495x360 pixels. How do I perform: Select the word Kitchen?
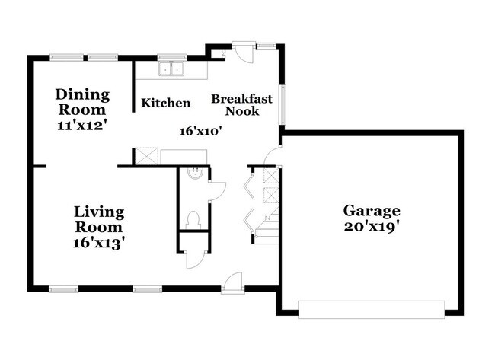166,103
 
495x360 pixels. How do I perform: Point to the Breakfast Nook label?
241,105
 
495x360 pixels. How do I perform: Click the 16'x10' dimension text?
200,131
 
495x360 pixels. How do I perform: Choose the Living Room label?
99,218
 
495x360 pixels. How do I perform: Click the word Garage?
371,210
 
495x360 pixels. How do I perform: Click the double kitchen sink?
173,70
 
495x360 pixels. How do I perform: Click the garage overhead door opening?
372,309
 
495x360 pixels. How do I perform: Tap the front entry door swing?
233,280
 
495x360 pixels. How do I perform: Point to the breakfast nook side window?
283,104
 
